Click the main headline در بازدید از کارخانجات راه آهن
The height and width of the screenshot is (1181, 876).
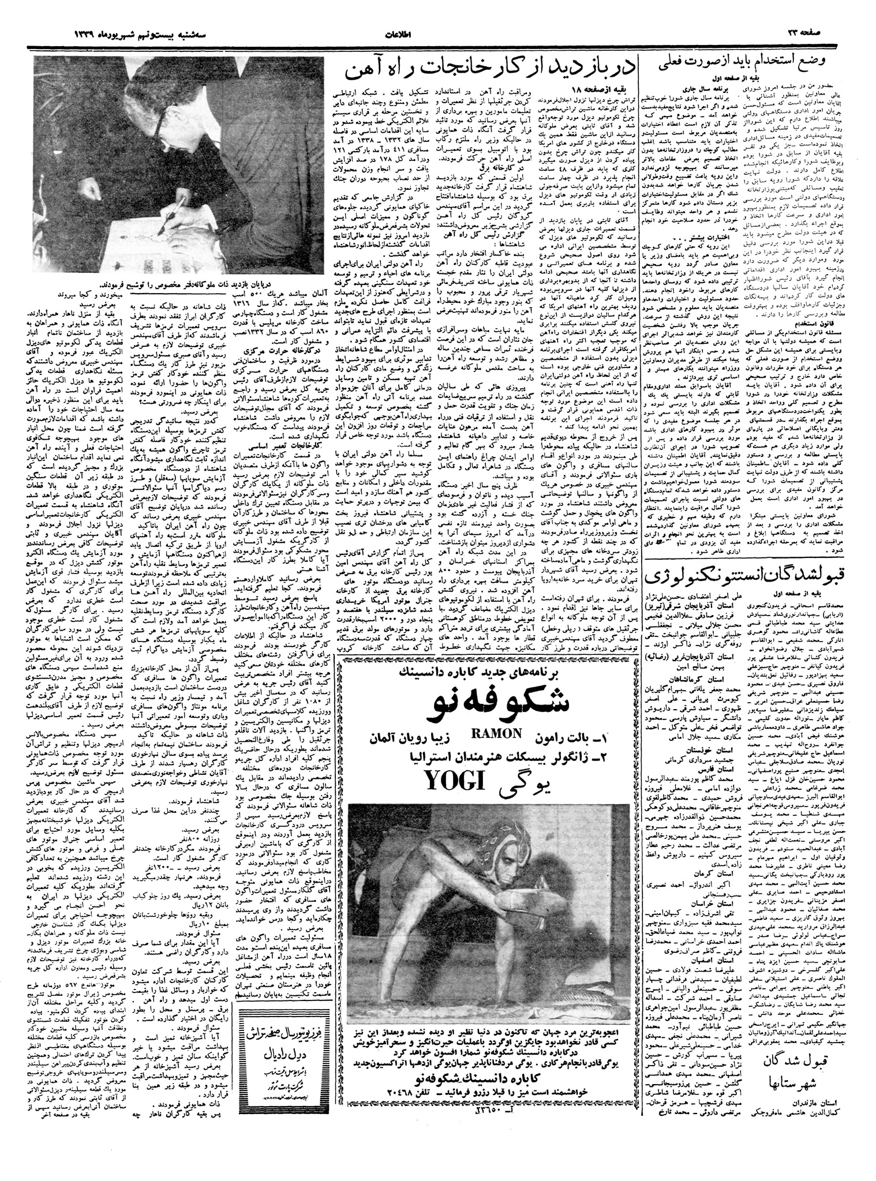491,70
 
